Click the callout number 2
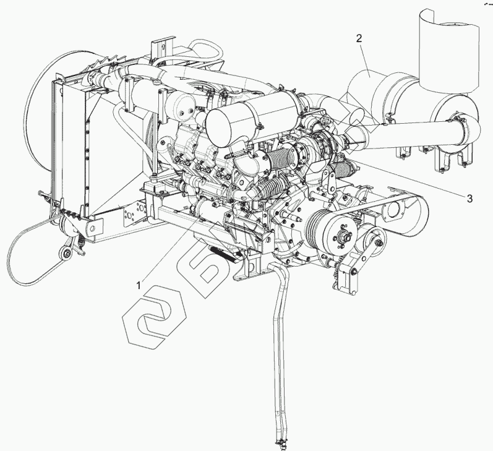tap(358, 38)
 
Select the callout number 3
tap(469, 199)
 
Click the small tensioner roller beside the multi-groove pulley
tap(372, 237)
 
